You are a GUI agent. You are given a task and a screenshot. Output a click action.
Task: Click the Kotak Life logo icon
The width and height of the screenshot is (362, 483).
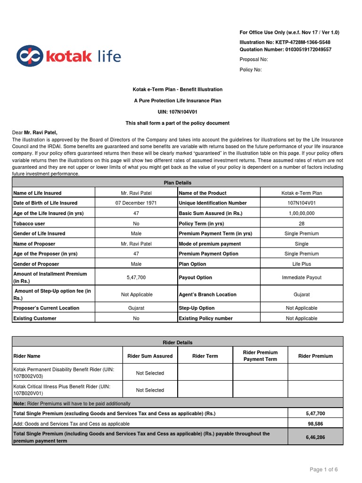pyautogui.click(x=29, y=56)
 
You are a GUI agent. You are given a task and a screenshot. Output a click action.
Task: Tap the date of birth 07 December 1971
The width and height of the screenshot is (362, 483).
pyautogui.click(x=136, y=203)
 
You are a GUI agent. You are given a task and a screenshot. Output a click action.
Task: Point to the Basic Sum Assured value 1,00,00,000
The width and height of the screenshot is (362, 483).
pyautogui.click(x=301, y=213)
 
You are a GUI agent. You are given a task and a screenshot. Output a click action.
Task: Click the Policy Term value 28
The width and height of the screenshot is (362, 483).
pyautogui.click(x=301, y=224)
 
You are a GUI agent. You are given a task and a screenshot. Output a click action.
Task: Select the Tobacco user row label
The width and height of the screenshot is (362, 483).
pyautogui.click(x=29, y=224)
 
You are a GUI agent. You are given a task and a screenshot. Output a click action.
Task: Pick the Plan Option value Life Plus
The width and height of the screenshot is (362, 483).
pyautogui.click(x=301, y=264)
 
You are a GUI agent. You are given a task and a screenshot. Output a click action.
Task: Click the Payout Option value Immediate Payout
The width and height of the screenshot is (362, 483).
pyautogui.click(x=301, y=277)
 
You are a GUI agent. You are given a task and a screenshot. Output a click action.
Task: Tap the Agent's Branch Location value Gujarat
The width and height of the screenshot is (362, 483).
pyautogui.click(x=301, y=294)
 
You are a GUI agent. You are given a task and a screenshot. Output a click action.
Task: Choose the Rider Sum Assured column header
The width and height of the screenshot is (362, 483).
pyautogui.click(x=150, y=356)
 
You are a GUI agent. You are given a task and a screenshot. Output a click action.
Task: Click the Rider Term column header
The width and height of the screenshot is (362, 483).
pyautogui.click(x=205, y=356)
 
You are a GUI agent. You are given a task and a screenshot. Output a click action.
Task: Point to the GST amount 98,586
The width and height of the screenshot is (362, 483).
pyautogui.click(x=315, y=424)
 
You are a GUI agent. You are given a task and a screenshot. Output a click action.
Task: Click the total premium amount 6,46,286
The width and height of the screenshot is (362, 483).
pyautogui.click(x=315, y=437)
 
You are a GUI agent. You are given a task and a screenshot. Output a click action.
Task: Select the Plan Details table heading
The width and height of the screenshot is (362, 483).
pyautogui.click(x=177, y=183)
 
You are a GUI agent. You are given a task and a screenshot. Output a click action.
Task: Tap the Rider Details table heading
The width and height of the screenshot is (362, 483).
pyautogui.click(x=177, y=342)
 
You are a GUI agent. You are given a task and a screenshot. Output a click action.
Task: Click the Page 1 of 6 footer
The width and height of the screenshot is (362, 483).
pyautogui.click(x=323, y=469)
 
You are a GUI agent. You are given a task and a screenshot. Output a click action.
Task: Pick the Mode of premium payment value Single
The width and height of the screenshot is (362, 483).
pyautogui.click(x=301, y=244)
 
